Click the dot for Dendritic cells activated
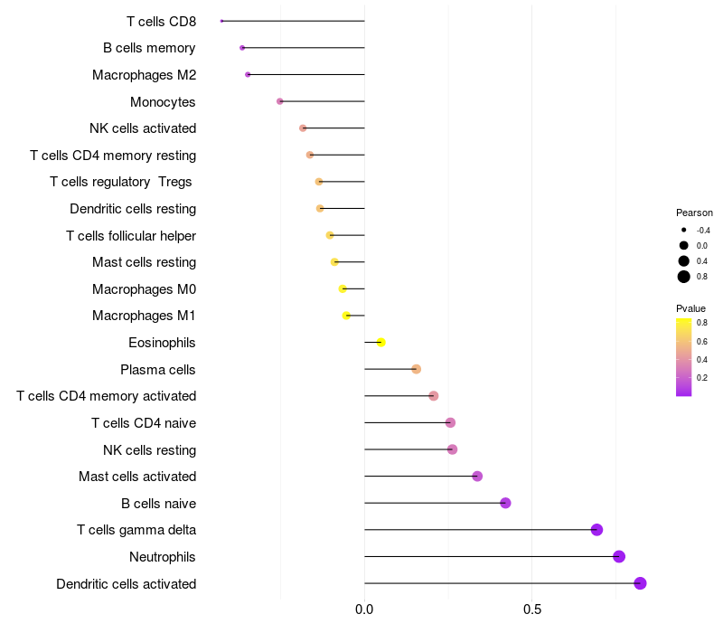click(x=640, y=583)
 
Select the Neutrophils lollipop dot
click(x=619, y=556)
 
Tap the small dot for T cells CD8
click(x=221, y=21)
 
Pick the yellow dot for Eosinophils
click(x=380, y=343)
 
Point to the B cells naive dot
click(x=505, y=503)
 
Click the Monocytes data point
click(x=280, y=101)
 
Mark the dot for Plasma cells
click(x=416, y=369)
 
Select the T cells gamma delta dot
click(x=596, y=530)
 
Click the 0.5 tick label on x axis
click(x=532, y=609)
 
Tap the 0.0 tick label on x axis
click(x=364, y=609)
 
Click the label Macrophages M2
click(x=145, y=75)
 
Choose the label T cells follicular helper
click(x=131, y=236)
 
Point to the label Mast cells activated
click(x=137, y=477)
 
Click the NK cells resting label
click(x=149, y=449)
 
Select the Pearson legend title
click(x=694, y=213)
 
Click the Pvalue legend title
click(x=690, y=308)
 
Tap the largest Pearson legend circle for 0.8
click(x=684, y=277)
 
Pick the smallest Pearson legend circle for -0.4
click(x=684, y=230)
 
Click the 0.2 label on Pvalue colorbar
click(x=702, y=378)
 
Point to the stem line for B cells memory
click(x=304, y=48)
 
